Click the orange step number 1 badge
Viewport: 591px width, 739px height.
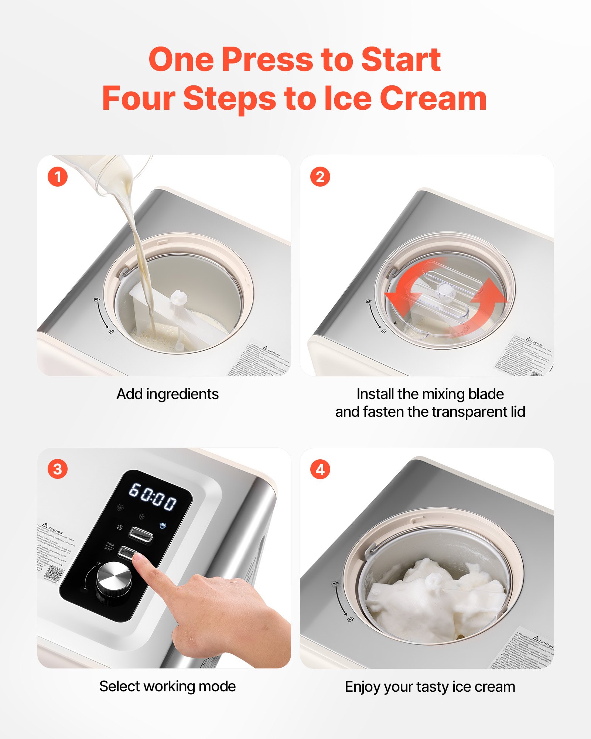coord(58,177)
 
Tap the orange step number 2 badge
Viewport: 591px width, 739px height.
coord(320,177)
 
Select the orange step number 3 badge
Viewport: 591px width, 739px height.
coord(58,469)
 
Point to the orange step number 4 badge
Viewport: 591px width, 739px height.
coord(320,470)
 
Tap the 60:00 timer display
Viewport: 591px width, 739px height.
coord(153,497)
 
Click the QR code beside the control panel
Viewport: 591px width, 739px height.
coord(54,573)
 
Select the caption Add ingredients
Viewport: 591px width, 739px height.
coord(167,394)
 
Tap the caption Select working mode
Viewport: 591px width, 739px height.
coord(167,687)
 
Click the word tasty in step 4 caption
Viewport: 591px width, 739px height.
coord(433,687)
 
